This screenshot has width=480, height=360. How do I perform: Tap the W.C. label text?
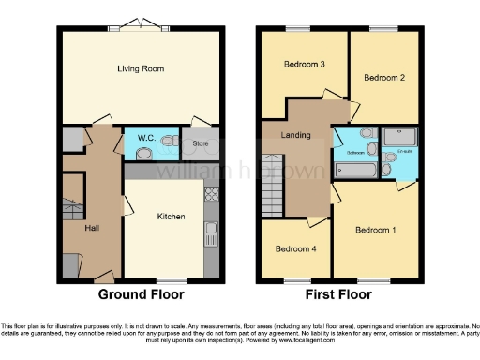[146, 139]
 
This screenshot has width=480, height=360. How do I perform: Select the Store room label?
[200, 143]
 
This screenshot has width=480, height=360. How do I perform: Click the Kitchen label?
[170, 217]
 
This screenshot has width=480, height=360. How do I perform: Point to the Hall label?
[92, 228]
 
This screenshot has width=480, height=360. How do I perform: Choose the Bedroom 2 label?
[384, 77]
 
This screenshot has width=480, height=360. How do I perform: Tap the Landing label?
[296, 137]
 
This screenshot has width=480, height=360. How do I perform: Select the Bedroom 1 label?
[376, 230]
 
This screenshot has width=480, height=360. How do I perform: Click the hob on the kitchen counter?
[211, 196]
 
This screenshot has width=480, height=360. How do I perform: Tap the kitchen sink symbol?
[212, 230]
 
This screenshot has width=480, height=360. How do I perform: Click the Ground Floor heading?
[142, 293]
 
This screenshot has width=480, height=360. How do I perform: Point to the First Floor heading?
[338, 293]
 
